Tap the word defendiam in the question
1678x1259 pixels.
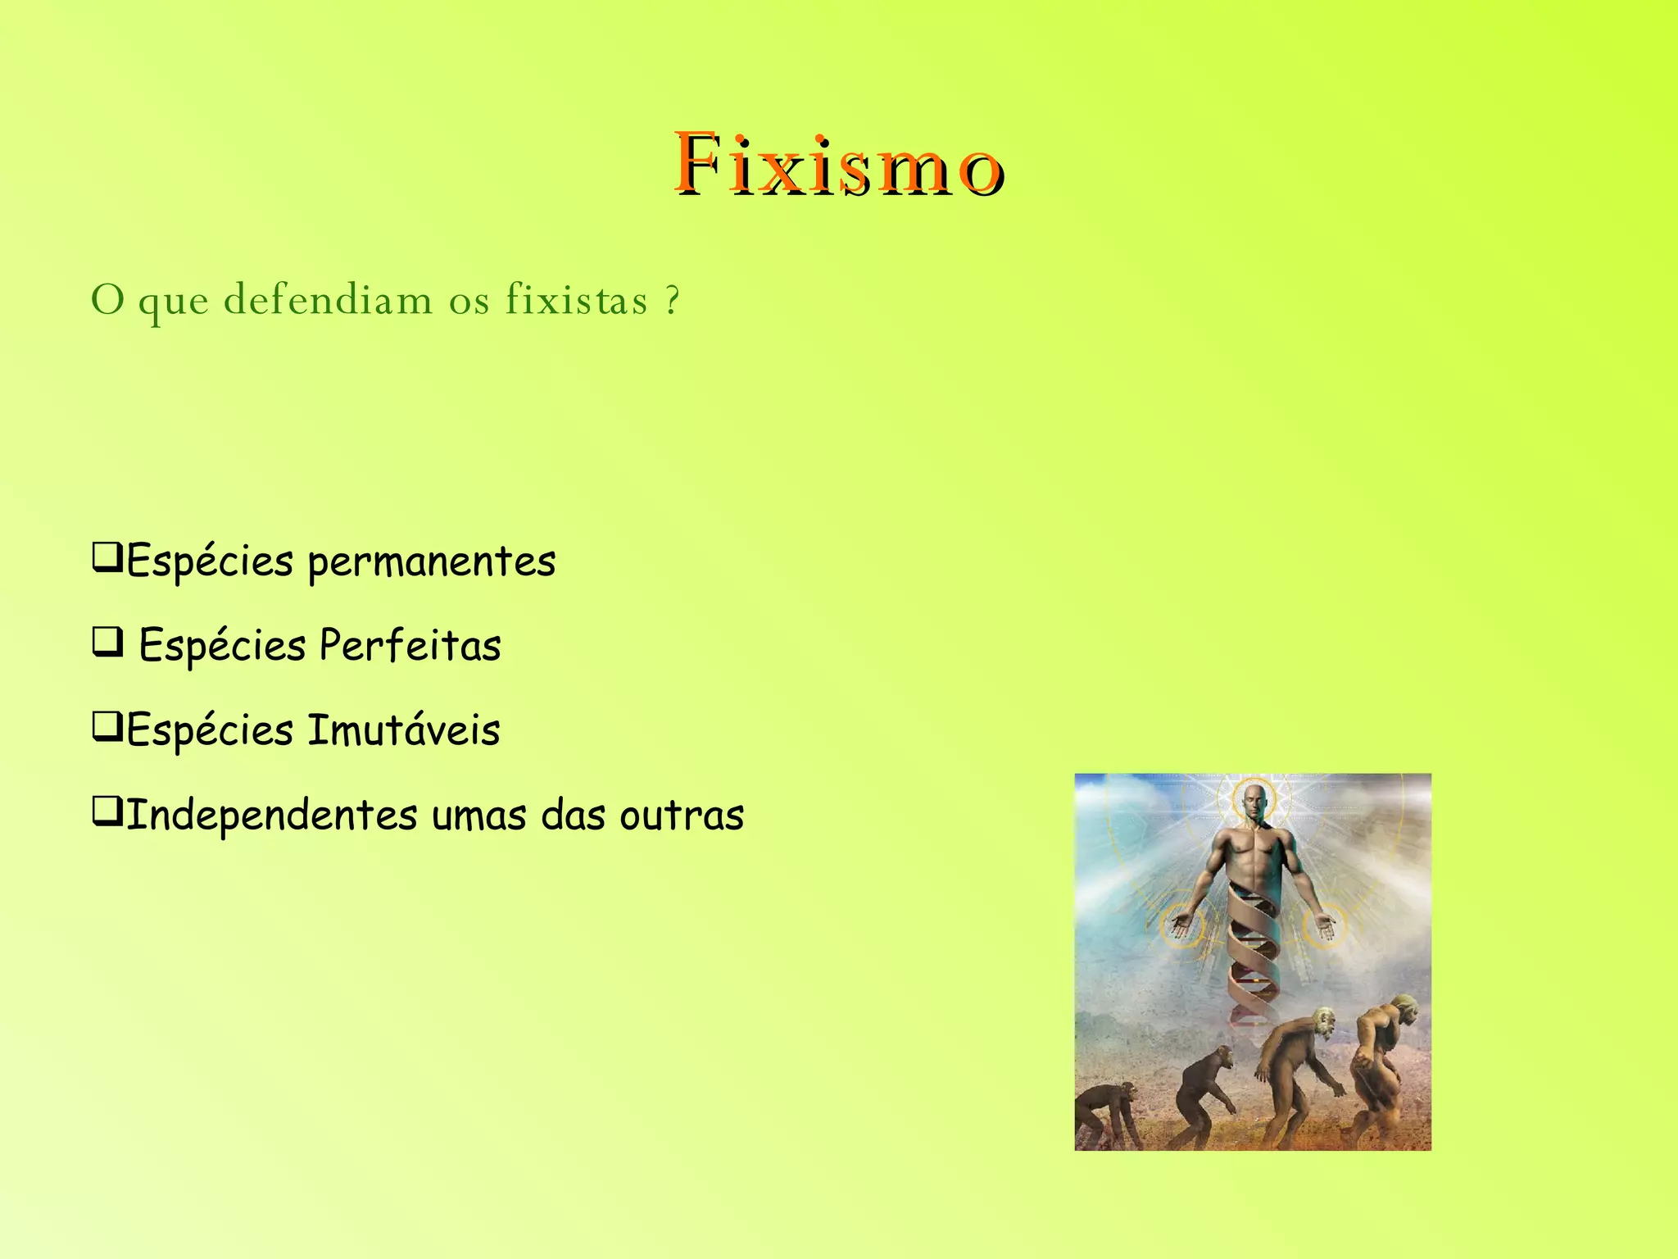click(x=328, y=299)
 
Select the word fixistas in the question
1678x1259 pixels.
click(x=576, y=299)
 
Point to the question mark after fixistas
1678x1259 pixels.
click(x=672, y=299)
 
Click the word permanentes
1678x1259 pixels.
click(x=432, y=562)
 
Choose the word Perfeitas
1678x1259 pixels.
click(x=410, y=646)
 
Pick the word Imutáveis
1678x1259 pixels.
click(x=403, y=730)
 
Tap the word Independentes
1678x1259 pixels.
click(x=272, y=816)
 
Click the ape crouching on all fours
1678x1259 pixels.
click(x=1106, y=1115)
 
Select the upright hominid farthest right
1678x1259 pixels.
click(x=1385, y=1066)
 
